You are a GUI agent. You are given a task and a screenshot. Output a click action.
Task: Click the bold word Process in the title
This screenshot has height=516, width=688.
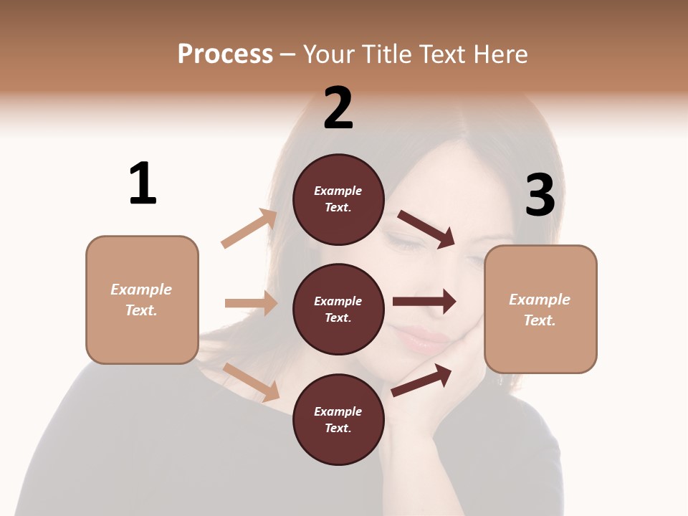[x=225, y=54]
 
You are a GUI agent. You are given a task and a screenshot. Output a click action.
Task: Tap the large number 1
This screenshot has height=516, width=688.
[x=143, y=183]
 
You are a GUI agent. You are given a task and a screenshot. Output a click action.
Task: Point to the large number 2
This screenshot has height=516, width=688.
[x=338, y=108]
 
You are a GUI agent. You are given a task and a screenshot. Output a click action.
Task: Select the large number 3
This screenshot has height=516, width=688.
[x=540, y=196]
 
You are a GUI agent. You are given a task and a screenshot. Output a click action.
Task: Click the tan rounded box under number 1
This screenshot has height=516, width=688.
[x=142, y=300]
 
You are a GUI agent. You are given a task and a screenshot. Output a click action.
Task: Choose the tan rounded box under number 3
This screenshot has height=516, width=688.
[x=540, y=309]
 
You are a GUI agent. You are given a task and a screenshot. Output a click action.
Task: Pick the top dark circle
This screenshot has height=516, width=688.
[x=338, y=199]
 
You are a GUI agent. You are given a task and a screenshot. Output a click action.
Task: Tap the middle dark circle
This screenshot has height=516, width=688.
[x=338, y=309]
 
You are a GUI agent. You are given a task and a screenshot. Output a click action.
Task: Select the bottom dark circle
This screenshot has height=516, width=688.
[x=338, y=419]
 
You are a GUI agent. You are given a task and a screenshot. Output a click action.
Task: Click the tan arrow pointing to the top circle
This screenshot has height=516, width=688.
[x=249, y=229]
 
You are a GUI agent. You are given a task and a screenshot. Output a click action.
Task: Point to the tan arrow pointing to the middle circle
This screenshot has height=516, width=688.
[x=251, y=303]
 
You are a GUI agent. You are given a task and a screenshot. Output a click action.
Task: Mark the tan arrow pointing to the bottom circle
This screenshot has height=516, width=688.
[x=251, y=382]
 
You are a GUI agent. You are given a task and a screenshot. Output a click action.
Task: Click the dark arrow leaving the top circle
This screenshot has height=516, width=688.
[x=426, y=229]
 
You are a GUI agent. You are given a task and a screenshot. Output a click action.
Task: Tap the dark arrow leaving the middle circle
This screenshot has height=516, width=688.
[x=424, y=302]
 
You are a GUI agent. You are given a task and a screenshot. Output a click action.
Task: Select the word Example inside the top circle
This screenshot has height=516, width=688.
[x=338, y=191]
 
